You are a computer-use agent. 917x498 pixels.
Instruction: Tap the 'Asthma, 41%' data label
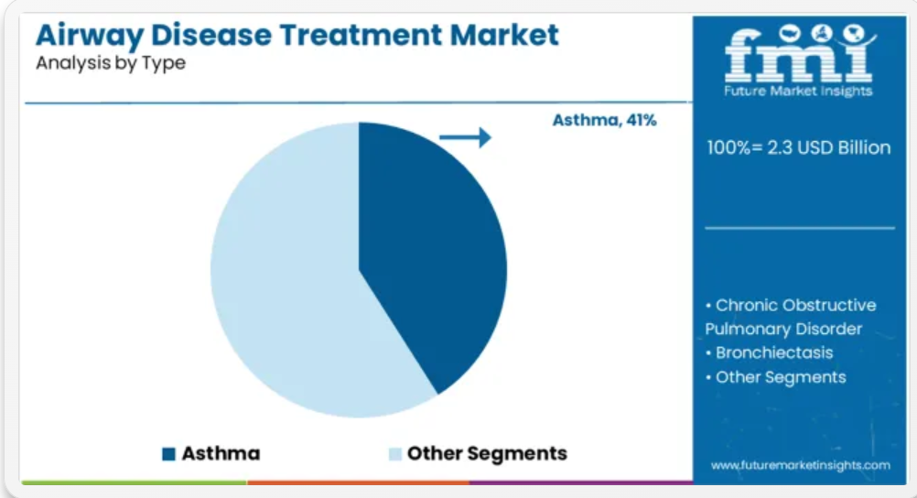(x=605, y=120)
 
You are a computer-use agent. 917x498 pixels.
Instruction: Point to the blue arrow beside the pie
(x=466, y=137)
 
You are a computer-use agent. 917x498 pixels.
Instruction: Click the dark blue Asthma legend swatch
(x=169, y=453)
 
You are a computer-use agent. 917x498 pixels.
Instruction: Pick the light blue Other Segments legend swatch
(x=395, y=453)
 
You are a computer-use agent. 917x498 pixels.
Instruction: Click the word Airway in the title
(x=90, y=37)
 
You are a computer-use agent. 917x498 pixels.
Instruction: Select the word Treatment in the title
(x=361, y=35)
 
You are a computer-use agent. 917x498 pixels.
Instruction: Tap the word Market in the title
(x=504, y=35)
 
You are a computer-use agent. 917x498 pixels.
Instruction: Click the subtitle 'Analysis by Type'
(x=111, y=63)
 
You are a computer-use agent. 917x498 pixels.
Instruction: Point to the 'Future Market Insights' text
(x=798, y=91)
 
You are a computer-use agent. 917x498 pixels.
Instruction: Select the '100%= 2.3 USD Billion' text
(x=799, y=147)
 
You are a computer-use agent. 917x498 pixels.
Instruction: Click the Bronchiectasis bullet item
(x=769, y=352)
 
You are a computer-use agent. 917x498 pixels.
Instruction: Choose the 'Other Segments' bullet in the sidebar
(x=775, y=377)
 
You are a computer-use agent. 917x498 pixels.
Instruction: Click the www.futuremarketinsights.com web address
(x=801, y=465)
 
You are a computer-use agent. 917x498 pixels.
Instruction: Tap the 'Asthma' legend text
(x=221, y=453)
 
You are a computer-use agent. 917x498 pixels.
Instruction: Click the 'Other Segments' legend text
(x=487, y=453)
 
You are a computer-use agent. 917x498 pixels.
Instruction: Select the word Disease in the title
(x=211, y=35)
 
